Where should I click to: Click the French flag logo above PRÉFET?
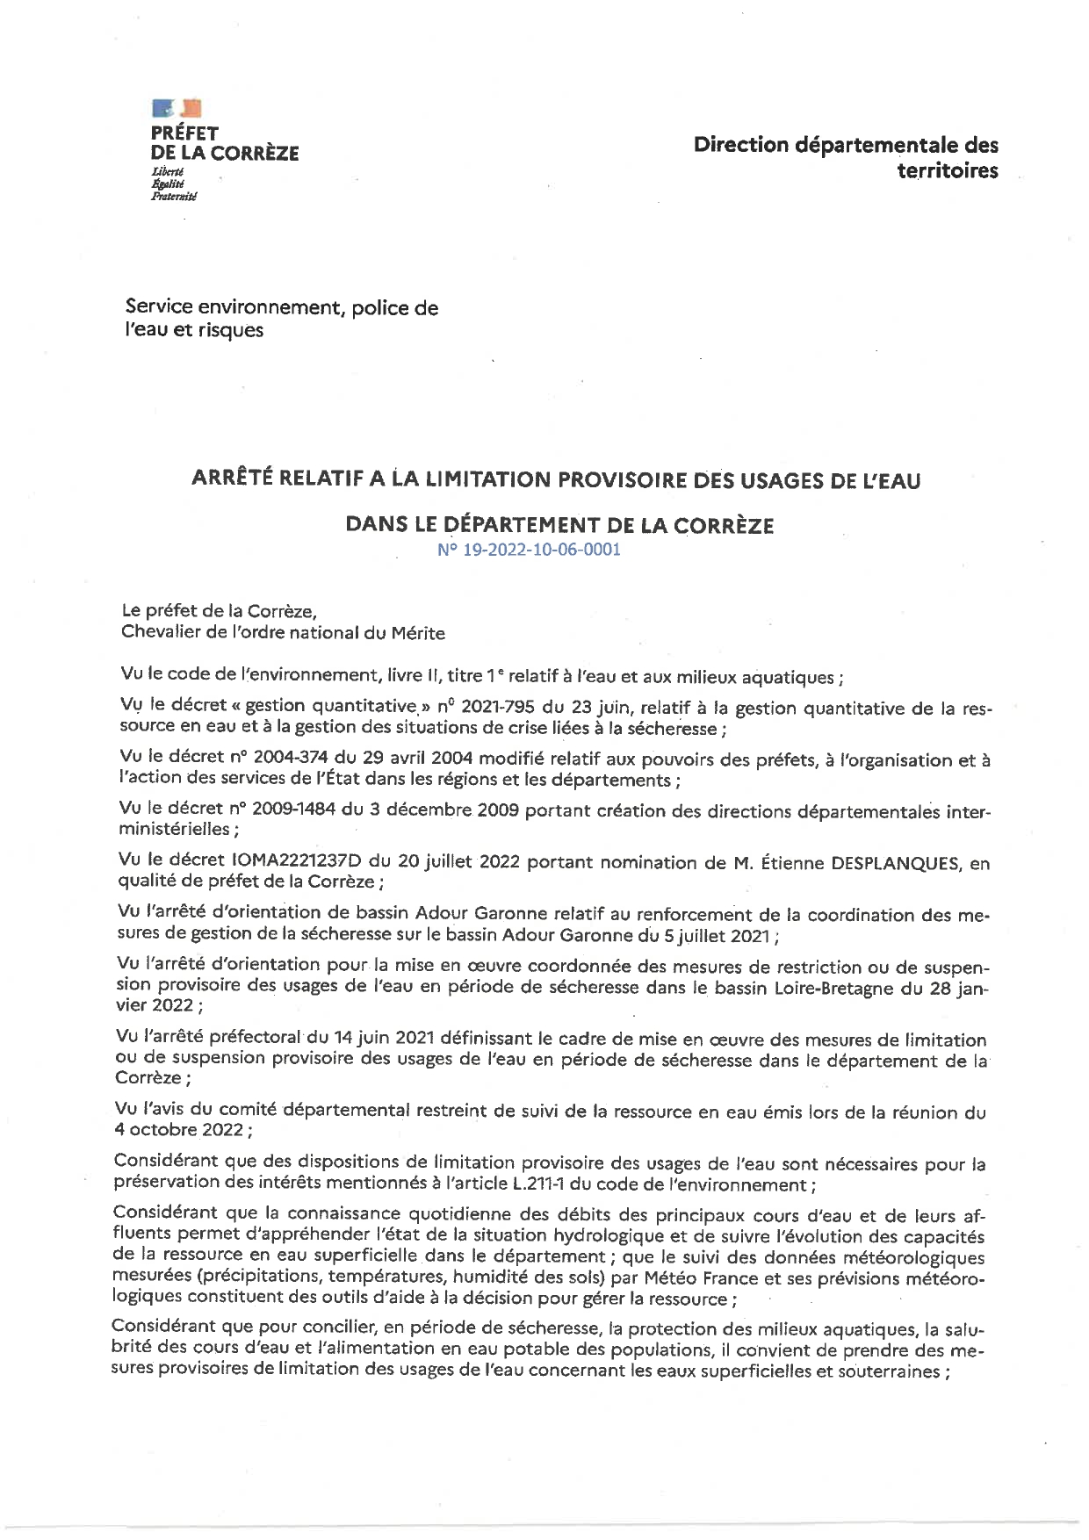[x=177, y=108]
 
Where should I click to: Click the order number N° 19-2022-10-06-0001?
[x=529, y=551]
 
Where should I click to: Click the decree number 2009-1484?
[x=293, y=810]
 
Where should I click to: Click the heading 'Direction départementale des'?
[x=845, y=145]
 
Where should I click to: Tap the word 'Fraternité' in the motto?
[x=174, y=197]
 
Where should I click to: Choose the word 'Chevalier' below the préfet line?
[x=161, y=632]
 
